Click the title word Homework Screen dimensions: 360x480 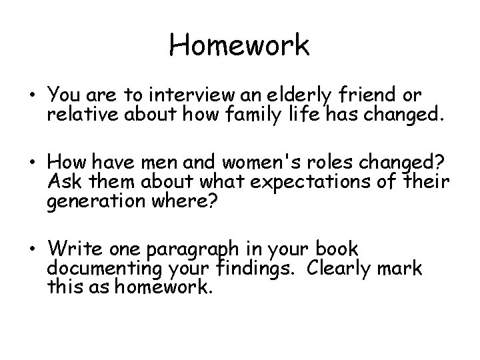tap(239, 45)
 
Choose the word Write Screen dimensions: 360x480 tap(71, 249)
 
